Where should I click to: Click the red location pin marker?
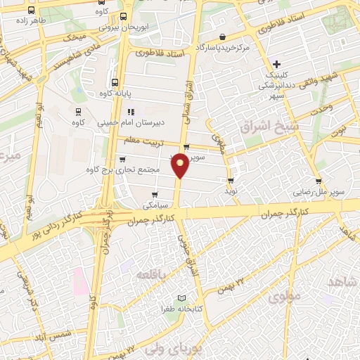click(x=181, y=166)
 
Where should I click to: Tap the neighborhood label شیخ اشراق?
click(x=259, y=127)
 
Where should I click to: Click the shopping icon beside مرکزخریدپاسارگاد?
click(x=222, y=37)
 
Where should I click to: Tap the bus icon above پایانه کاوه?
click(x=115, y=81)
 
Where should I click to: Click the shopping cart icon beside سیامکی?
click(x=154, y=194)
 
